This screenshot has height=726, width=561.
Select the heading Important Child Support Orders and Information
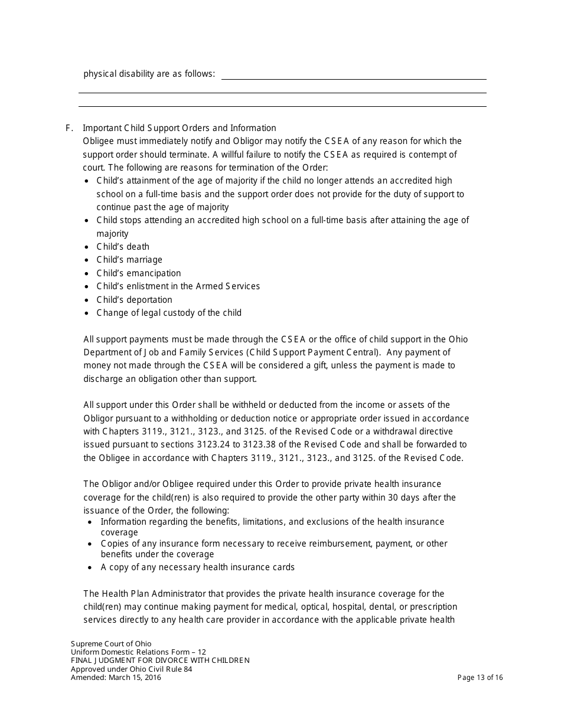pos(180,128)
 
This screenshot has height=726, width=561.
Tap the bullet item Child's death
pos(123,247)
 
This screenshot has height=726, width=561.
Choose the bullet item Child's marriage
pos(129,260)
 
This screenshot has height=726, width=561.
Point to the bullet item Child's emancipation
pos(139,273)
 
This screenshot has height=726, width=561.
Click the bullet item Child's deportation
pos(135,300)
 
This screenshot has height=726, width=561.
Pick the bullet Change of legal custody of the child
pos(169,313)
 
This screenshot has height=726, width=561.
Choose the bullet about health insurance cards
pos(197,567)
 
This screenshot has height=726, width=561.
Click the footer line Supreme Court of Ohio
pos(111,644)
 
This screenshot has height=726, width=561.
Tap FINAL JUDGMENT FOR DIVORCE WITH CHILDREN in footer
pos(160,660)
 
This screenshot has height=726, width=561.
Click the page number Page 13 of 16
pos(480,678)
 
